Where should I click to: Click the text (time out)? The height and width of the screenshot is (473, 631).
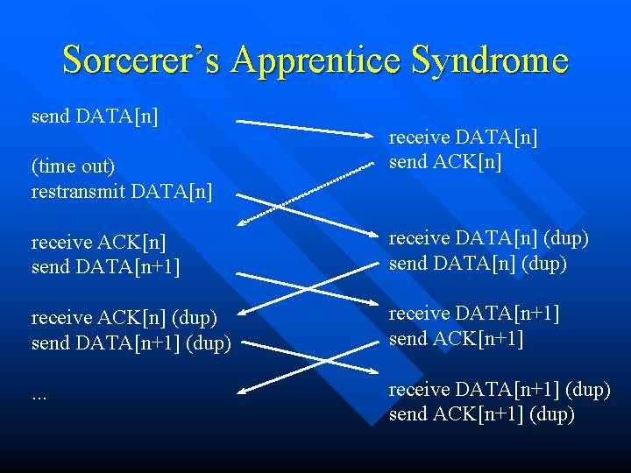74,166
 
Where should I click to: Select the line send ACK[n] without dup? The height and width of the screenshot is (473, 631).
445,162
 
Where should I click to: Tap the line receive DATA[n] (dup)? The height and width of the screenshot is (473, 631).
489,238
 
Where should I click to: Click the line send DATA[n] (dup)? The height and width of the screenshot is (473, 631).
477,263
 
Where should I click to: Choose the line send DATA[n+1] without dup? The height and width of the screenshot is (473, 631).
106,266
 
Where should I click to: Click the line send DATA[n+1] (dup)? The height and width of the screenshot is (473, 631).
131,342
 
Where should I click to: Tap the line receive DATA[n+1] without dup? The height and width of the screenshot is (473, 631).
474,314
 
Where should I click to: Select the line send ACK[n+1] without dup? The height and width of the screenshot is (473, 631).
457,338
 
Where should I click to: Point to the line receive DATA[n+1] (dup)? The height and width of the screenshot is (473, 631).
500,389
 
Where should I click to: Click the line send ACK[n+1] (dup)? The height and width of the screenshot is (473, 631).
482,413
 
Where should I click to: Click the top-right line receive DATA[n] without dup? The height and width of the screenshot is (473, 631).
464,138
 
